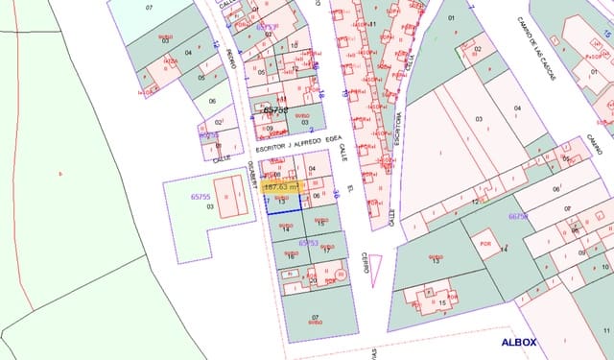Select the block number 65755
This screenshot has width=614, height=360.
(201, 196)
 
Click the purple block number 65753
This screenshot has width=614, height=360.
(308, 243)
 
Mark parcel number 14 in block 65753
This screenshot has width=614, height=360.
(286, 229)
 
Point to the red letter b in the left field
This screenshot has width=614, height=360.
(59, 173)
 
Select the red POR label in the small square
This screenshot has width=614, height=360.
(486, 242)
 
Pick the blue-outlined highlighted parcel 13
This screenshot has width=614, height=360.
(283, 200)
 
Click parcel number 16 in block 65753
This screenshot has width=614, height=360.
(289, 256)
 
